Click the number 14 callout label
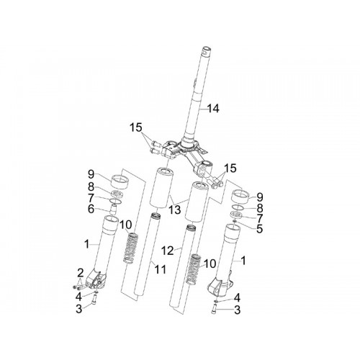[213, 109]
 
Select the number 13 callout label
[174, 210]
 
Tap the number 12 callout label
[167, 251]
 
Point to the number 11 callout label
[160, 269]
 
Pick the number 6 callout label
[91, 209]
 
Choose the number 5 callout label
[259, 229]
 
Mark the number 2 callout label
[80, 273]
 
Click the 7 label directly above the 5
[260, 218]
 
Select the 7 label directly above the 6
[91, 198]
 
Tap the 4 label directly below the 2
[78, 297]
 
